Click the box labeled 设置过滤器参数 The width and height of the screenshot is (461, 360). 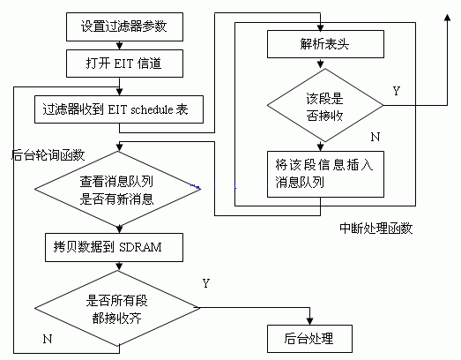124,26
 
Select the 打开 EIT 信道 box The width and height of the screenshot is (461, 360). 124,64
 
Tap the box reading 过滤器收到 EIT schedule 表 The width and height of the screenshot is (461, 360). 119,109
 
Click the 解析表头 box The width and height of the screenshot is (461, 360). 325,44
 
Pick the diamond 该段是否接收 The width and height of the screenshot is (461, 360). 325,105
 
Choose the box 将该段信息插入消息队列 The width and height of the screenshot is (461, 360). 325,174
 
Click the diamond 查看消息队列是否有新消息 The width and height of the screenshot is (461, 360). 117,189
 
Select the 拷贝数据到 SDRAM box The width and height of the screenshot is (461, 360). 114,247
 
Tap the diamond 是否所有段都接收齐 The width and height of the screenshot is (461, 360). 117,308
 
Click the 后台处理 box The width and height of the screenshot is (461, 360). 309,339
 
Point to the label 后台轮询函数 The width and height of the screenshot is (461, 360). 48,155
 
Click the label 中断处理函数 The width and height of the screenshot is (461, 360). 376,229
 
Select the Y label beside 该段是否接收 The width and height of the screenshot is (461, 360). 397,91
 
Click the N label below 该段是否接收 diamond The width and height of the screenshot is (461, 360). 375,137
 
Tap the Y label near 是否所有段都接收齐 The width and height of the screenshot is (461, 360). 206,283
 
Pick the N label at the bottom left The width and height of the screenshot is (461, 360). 48,339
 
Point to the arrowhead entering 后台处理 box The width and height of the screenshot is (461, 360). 309,321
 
